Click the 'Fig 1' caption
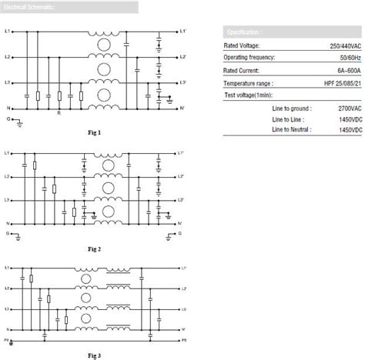click(95, 133)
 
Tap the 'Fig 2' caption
click(95, 248)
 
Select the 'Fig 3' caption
click(95, 355)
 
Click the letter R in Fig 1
click(59, 113)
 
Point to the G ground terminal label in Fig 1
click(8, 119)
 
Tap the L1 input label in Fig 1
click(8, 32)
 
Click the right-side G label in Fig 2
click(180, 231)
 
